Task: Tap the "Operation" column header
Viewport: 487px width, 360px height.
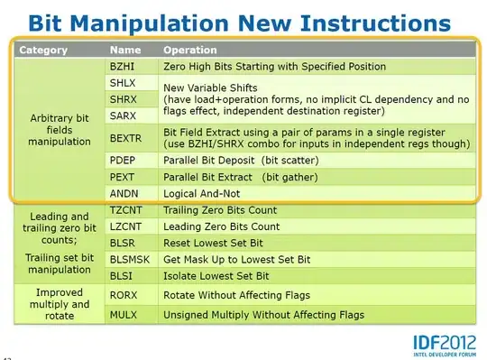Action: coord(190,51)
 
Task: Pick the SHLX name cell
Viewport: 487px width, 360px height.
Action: coord(123,83)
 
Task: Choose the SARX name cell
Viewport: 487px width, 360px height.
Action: coord(124,116)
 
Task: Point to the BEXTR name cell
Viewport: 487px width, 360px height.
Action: coord(126,138)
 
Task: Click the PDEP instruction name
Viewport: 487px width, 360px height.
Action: coord(124,160)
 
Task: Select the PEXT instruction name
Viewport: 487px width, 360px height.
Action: coord(124,177)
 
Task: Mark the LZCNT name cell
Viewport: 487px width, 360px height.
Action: coord(126,226)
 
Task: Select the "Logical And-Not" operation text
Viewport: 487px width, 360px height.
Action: coord(203,193)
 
